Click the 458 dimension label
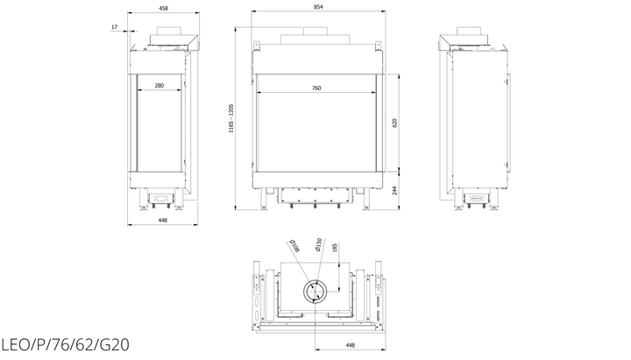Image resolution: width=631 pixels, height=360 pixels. [163, 8]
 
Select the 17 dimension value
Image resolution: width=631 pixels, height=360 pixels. [115, 27]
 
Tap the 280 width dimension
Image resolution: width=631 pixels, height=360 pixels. [160, 85]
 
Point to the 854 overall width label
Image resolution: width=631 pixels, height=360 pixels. [318, 6]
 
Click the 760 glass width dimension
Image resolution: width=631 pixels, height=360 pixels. [316, 88]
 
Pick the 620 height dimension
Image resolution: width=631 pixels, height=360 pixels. [394, 124]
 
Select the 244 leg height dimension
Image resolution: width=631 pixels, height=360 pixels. [394, 190]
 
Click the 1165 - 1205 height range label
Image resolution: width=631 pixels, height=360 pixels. [231, 118]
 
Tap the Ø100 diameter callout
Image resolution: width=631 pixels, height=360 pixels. [295, 246]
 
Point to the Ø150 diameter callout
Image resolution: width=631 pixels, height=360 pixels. [318, 244]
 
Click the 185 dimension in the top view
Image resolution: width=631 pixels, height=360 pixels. [334, 247]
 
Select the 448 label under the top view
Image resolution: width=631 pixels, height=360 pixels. [350, 345]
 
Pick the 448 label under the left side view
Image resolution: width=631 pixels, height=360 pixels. [163, 220]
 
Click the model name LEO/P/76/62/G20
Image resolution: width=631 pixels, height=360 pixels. [65, 345]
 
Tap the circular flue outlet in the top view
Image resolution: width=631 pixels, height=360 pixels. [315, 291]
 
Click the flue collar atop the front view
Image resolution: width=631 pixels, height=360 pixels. [315, 31]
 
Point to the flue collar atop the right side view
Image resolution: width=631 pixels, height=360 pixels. [468, 31]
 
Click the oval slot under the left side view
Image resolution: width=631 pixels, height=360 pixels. [161, 198]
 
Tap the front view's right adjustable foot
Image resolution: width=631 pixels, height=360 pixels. [366, 199]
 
